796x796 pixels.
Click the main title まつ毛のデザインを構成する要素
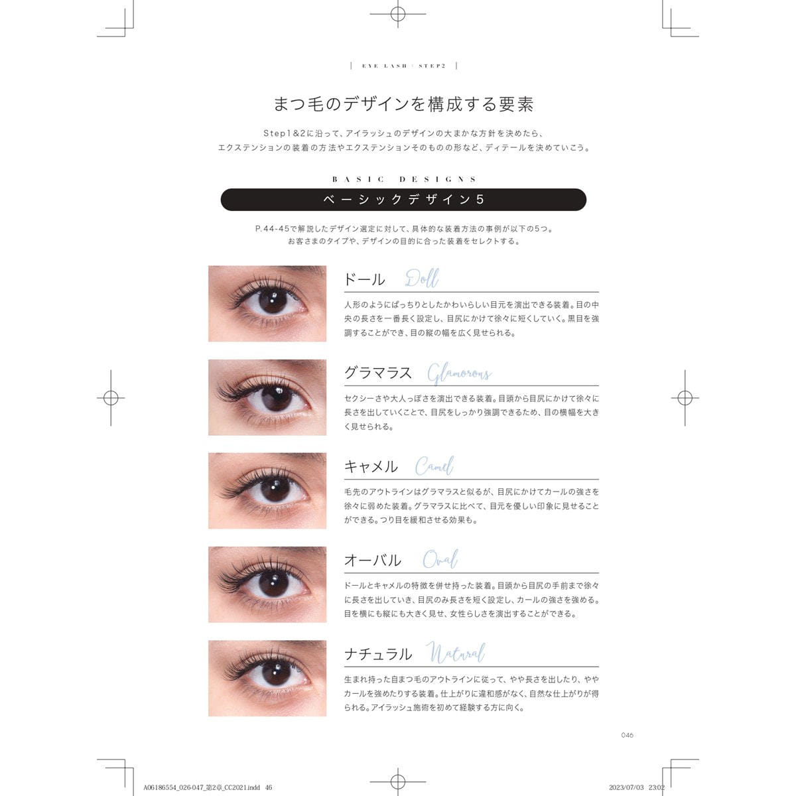403,104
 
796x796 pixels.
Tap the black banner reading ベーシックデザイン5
403,200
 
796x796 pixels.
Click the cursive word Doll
422,279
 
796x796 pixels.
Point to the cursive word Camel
434,466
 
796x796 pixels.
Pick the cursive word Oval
440,559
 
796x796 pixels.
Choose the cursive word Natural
456,653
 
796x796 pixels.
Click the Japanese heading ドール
364,280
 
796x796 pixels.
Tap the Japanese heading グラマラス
378,373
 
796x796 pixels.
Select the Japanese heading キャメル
371,467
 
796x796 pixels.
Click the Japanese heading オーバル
373,560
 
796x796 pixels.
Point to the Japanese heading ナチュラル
378,654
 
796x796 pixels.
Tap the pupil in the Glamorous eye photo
276,397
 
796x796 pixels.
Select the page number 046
627,735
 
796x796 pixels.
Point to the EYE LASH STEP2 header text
403,66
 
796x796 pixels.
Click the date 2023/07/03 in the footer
626,787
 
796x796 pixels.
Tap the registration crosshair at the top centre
398,14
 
